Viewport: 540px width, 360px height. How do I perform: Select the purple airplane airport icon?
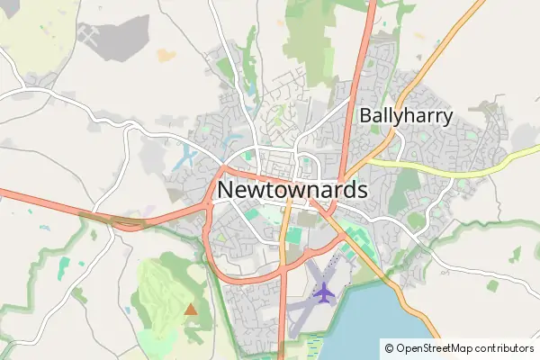tap(322, 292)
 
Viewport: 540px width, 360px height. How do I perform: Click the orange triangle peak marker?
tap(190, 310)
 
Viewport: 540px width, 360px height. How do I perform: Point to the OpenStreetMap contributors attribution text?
tap(459, 347)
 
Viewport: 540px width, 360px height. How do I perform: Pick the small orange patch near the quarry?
tap(166, 55)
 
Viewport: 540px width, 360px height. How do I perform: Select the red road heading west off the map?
tap(36, 199)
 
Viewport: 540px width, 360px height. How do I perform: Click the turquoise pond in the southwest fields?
tap(63, 267)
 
